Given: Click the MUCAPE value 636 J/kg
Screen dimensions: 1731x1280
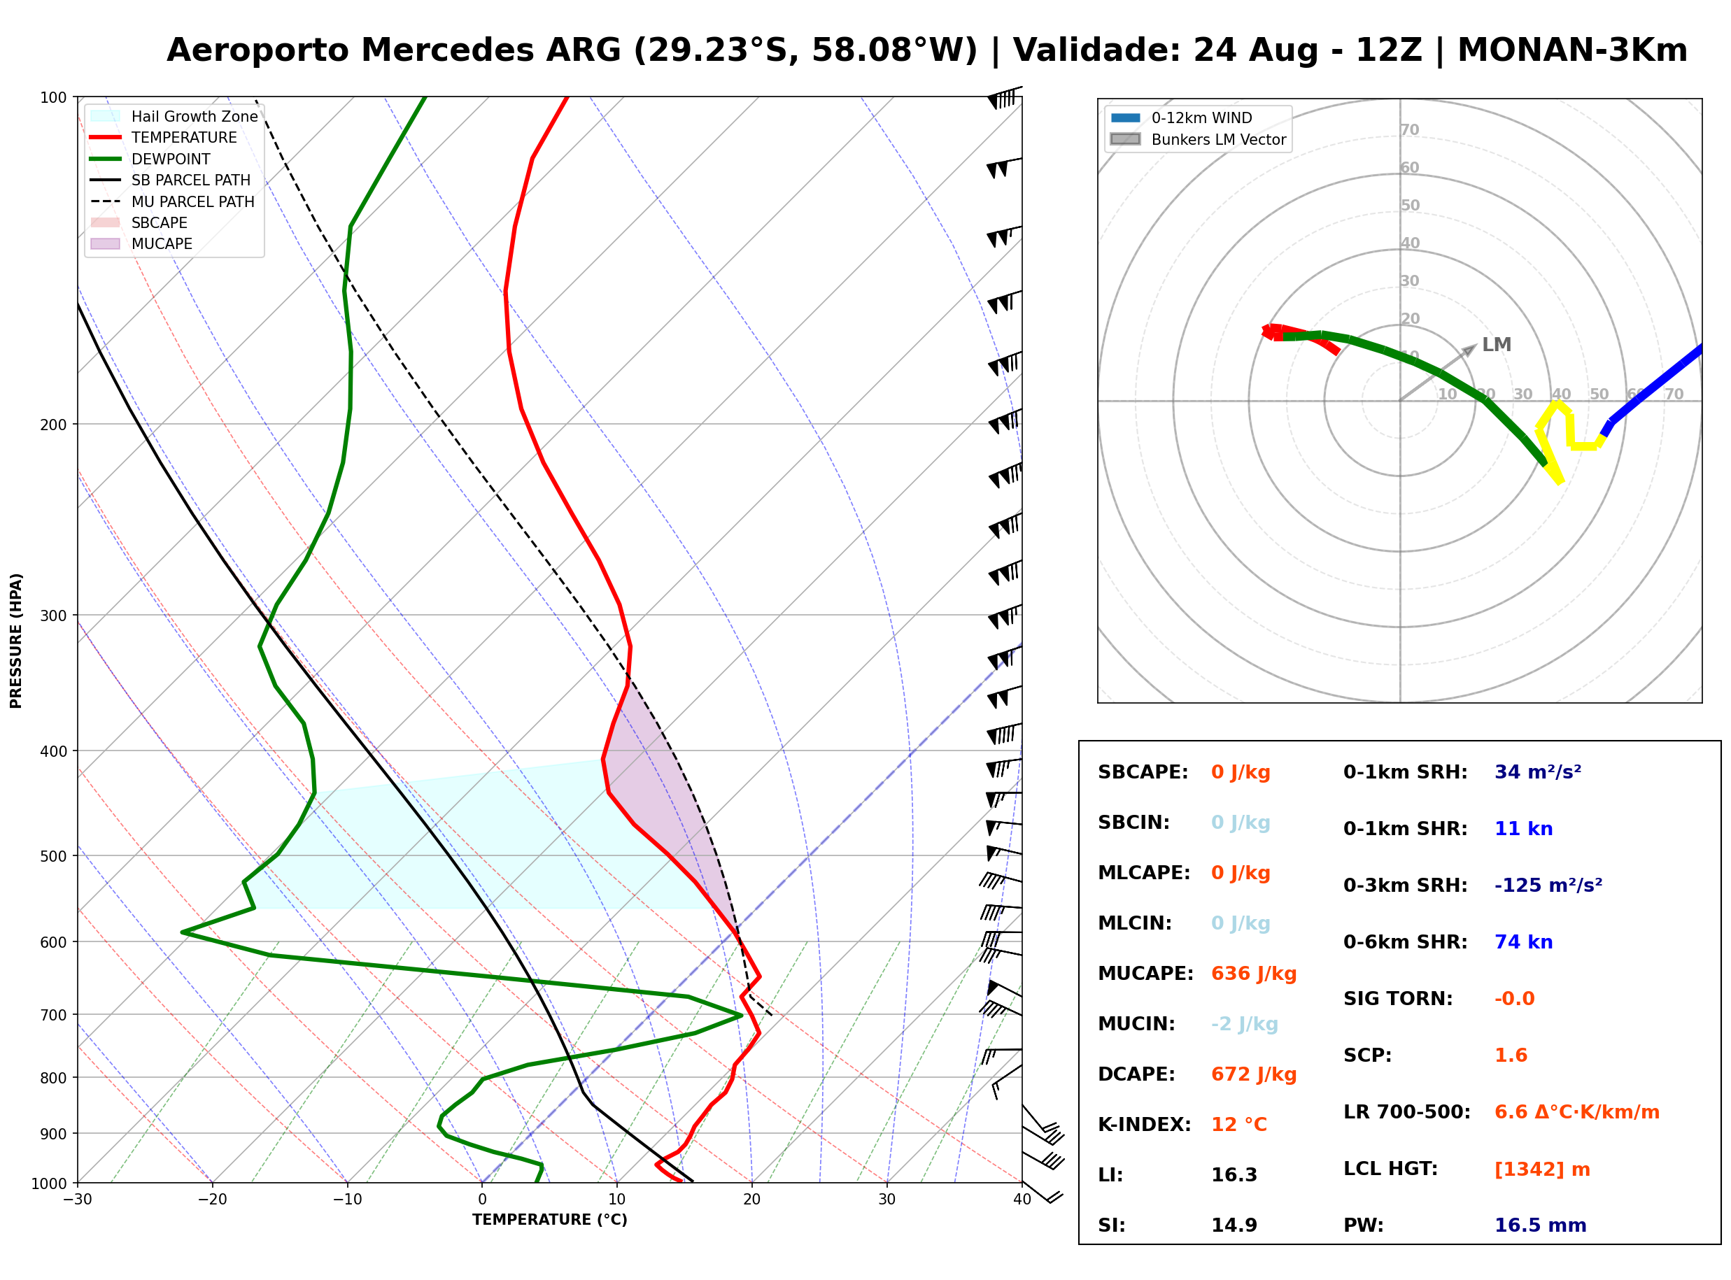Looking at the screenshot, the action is coord(1253,973).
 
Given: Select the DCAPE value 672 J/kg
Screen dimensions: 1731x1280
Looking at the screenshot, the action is coord(1253,1074).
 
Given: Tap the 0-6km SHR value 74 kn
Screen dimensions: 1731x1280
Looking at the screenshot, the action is coord(1523,941).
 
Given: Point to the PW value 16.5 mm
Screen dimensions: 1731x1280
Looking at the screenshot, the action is coord(1541,1225).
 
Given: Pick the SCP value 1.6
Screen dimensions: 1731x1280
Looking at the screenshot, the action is coord(1510,1055).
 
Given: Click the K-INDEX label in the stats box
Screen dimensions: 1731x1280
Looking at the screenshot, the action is coord(1145,1124).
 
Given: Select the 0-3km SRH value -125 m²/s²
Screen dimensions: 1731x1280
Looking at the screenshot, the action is coord(1548,885).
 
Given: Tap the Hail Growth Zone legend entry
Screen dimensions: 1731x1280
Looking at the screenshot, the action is coord(174,116).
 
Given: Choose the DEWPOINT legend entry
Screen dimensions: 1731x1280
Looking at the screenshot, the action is coord(150,159).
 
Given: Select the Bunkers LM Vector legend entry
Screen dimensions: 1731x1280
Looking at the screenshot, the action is coord(1198,139).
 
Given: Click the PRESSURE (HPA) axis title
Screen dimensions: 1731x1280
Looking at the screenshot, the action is coord(16,641).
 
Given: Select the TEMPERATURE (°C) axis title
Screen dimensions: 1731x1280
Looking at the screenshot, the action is coord(550,1220).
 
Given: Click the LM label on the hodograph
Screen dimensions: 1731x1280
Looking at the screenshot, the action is coord(1496,345).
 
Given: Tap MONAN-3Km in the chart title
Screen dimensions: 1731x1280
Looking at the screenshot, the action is coord(1572,50).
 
